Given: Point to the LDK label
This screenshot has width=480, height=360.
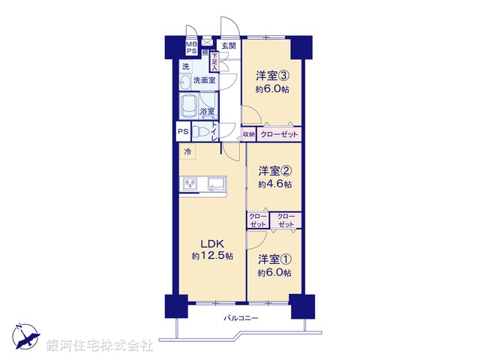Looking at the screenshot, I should (x=212, y=243).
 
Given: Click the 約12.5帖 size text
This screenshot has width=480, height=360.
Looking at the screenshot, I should (x=212, y=256).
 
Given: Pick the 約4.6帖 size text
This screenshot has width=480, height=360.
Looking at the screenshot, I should (x=275, y=183).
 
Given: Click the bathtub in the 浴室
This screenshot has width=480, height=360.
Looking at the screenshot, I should (x=189, y=102).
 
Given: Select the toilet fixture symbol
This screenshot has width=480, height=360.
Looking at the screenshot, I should (x=200, y=131).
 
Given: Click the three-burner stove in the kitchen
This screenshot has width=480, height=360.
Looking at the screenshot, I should (x=189, y=183).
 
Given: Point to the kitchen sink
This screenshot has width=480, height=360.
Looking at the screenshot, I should (x=215, y=183).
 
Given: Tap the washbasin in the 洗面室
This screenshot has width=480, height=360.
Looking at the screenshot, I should (x=185, y=80).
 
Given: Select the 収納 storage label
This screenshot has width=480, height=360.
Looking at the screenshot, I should (x=248, y=134).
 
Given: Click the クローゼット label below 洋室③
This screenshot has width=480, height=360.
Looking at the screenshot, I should (x=279, y=134).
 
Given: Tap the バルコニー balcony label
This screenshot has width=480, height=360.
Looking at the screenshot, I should (x=241, y=319).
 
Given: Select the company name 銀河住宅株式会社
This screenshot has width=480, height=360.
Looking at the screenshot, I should (x=100, y=346).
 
